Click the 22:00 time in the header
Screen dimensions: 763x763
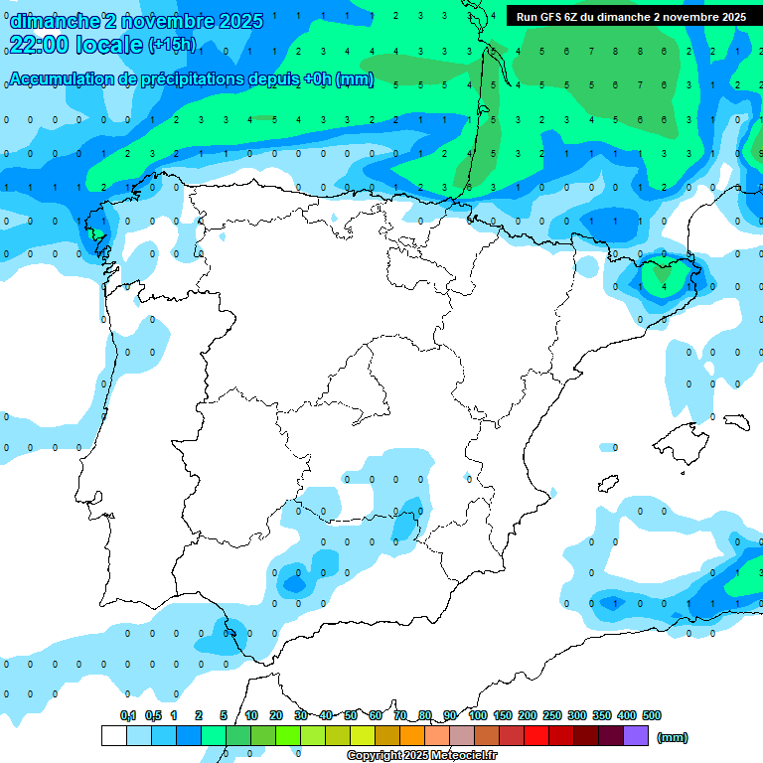click(39, 44)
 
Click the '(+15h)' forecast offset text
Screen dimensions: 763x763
click(172, 45)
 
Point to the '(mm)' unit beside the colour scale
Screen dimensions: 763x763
click(672, 737)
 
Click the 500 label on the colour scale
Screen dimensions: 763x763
click(652, 715)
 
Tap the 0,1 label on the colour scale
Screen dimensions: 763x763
click(128, 715)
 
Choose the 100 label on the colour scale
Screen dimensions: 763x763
click(477, 715)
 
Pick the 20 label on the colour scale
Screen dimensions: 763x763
click(276, 715)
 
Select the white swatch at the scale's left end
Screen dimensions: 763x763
click(113, 736)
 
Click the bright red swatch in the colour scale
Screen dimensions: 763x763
click(535, 736)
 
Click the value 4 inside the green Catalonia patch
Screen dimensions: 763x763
click(665, 286)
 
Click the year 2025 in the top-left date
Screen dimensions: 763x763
click(240, 21)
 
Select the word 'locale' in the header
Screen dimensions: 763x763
click(109, 44)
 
